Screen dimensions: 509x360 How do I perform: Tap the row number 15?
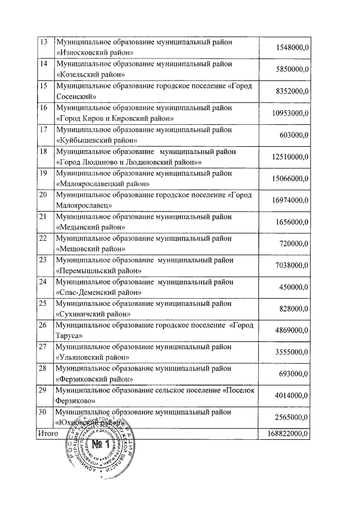tap(42, 85)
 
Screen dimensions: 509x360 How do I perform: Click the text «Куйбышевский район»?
tap(97, 139)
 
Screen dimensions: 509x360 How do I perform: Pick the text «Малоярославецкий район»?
tap(103, 183)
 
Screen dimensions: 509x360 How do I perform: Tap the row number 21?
tap(42, 217)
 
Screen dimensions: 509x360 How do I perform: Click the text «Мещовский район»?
tap(91, 249)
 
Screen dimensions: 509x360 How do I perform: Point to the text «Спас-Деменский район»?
tap(98, 292)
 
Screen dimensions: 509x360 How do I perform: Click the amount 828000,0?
tap(295, 309)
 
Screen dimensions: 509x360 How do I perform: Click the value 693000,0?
tap(295, 374)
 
